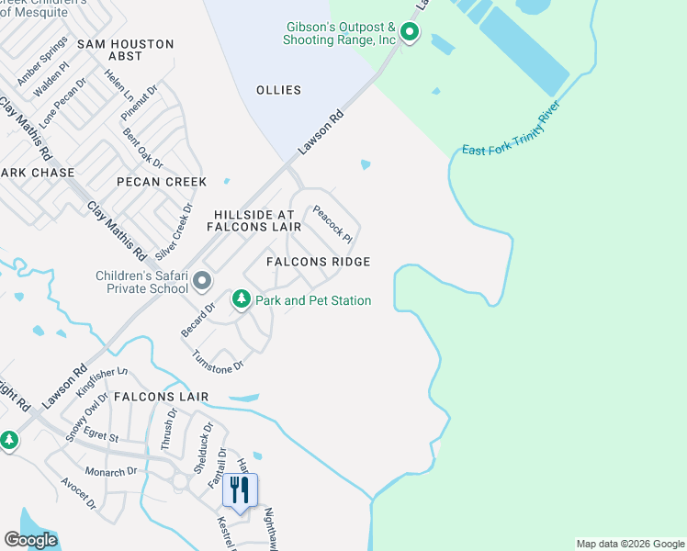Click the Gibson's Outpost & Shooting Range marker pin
click(x=409, y=35)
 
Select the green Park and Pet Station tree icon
click(x=242, y=298)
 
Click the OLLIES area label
click(x=279, y=90)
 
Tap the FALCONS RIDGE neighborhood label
click(x=318, y=262)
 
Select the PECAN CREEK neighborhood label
click(x=162, y=182)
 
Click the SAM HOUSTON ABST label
click(x=126, y=50)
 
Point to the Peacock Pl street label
click(x=332, y=223)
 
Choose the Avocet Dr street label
click(x=79, y=492)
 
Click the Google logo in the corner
click(x=30, y=540)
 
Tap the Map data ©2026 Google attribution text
click(x=630, y=544)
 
